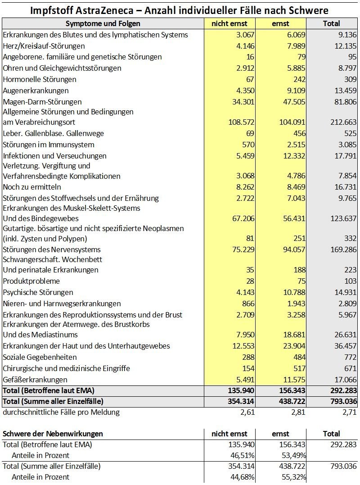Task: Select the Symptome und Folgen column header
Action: click(103, 23)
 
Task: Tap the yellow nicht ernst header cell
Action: click(229, 23)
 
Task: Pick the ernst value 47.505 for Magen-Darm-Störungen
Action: click(292, 102)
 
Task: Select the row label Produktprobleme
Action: click(31, 281)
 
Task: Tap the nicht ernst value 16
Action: click(250, 57)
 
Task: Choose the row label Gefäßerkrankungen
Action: click(35, 380)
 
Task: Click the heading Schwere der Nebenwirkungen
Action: click(53, 434)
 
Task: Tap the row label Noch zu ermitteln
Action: click(32, 187)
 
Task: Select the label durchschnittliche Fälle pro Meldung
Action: click(61, 412)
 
